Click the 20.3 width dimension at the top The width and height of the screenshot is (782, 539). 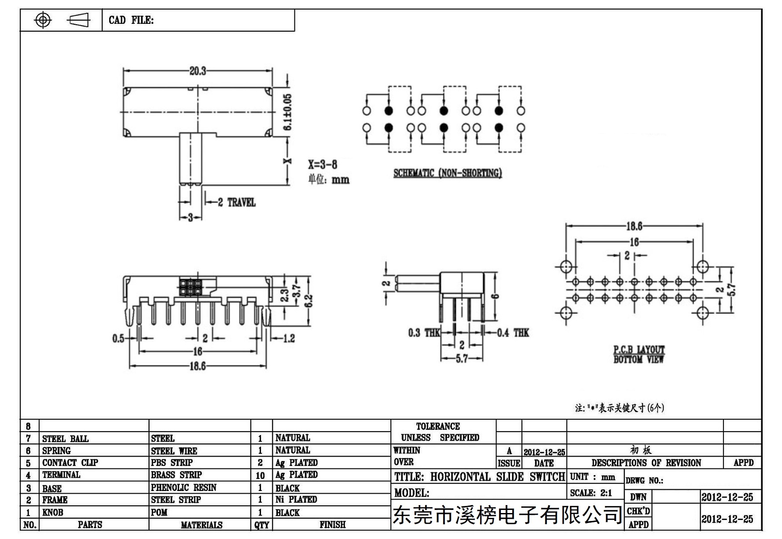[x=198, y=71]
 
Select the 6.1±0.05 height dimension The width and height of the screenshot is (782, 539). [x=287, y=112]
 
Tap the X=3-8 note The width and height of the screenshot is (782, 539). [x=323, y=165]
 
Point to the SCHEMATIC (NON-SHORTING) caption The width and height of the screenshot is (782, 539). [x=448, y=173]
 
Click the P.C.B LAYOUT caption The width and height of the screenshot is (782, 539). [x=639, y=350]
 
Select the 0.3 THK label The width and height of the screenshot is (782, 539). [x=424, y=333]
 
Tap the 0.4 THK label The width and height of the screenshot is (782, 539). [x=513, y=333]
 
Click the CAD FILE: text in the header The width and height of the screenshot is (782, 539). [x=131, y=20]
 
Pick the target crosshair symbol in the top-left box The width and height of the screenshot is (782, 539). [x=43, y=20]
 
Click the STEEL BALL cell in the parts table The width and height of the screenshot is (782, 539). [x=65, y=439]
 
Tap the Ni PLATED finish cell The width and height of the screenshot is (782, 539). [x=296, y=499]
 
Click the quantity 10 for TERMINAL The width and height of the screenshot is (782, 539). [x=260, y=476]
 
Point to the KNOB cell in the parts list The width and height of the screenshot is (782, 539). [x=52, y=513]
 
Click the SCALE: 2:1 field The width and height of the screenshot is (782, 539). [x=591, y=493]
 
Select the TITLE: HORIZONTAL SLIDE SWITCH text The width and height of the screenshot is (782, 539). [x=480, y=477]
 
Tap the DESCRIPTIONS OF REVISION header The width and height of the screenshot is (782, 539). [x=646, y=463]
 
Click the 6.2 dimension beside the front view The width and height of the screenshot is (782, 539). [x=308, y=300]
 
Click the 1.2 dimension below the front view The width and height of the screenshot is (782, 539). [x=288, y=338]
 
